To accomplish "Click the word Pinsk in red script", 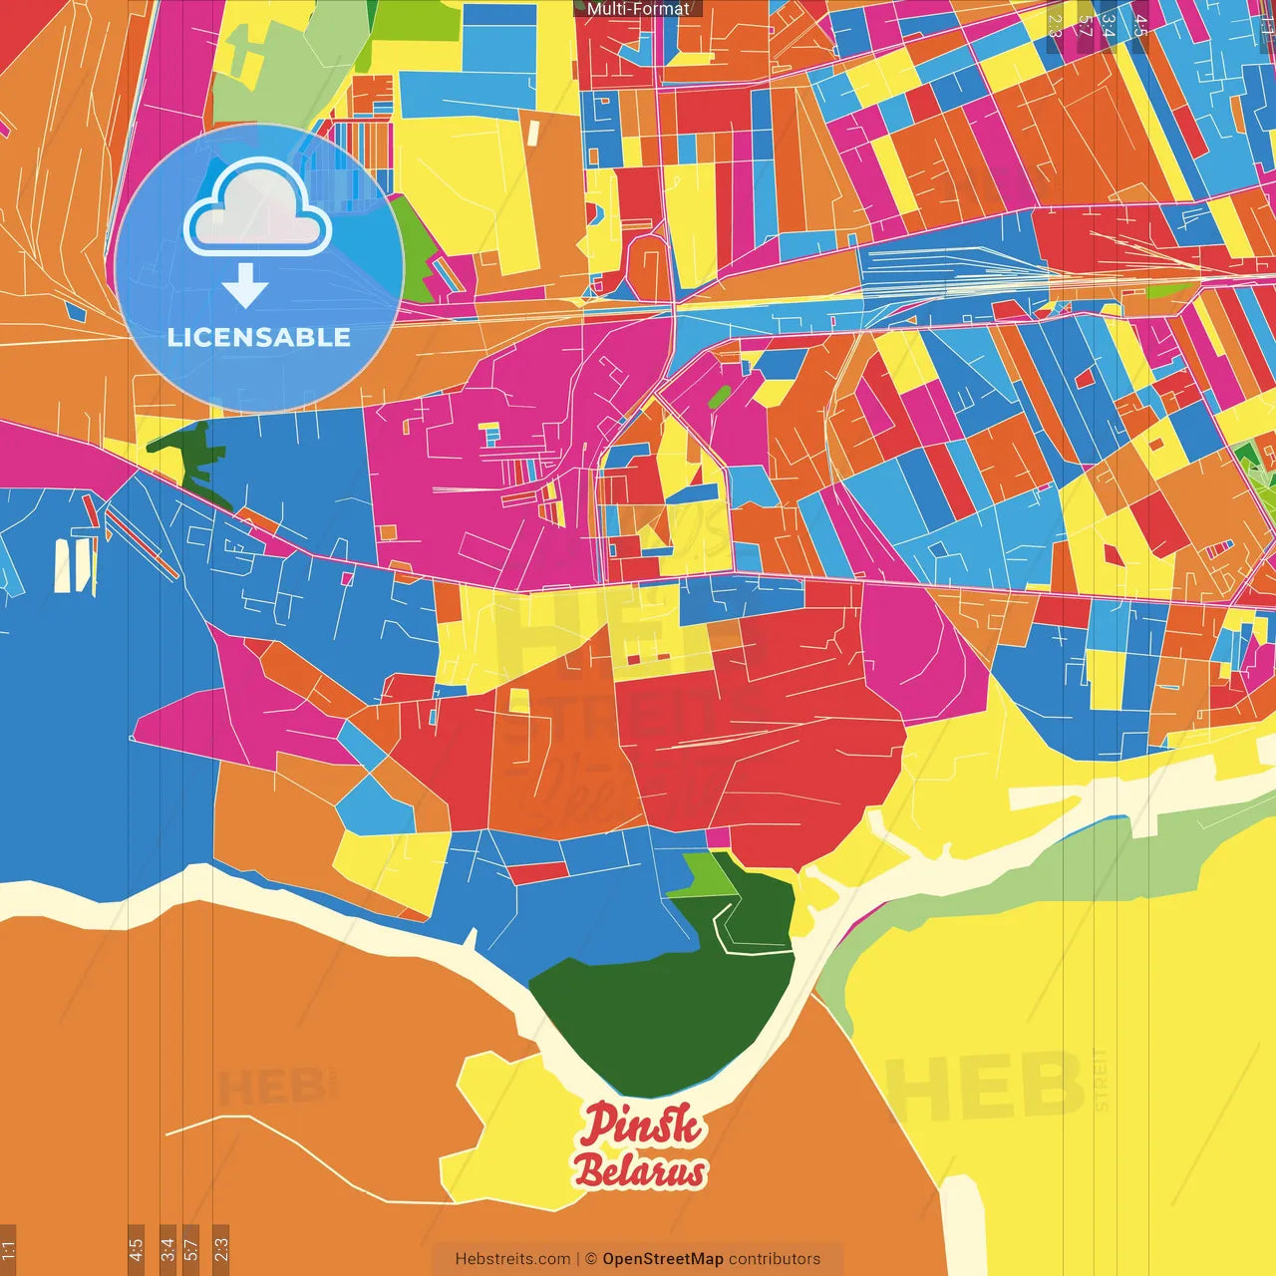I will [x=642, y=1124].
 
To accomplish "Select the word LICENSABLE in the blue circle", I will [x=259, y=337].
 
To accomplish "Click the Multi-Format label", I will [x=638, y=9].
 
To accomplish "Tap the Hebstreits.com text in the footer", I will [x=512, y=1259].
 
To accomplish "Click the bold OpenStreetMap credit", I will [x=663, y=1259].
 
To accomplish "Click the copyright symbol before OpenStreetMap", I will [x=590, y=1259].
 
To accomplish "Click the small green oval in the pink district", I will [x=719, y=396].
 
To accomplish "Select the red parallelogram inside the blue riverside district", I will [x=537, y=873].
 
